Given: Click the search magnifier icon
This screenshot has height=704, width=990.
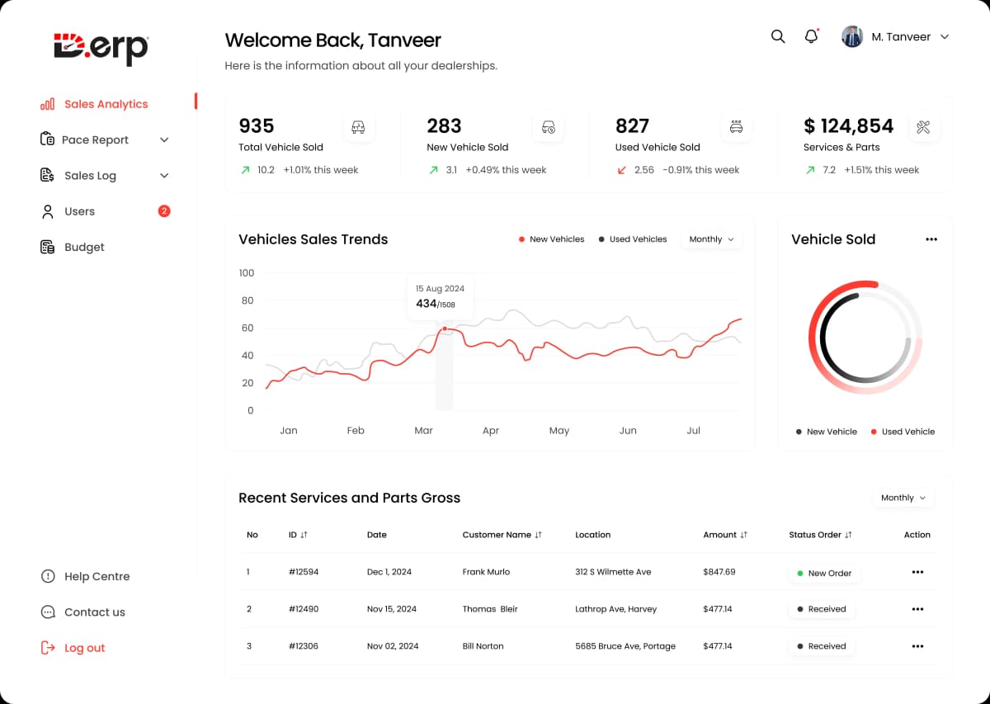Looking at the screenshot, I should [778, 36].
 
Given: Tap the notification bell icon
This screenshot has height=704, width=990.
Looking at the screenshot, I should [811, 36].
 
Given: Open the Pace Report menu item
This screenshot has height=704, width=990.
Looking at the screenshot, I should [95, 139].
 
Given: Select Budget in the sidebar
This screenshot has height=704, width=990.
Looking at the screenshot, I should [83, 247].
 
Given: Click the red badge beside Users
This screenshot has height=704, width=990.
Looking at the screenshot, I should [164, 211].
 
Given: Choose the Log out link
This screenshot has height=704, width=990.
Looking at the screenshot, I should [84, 648].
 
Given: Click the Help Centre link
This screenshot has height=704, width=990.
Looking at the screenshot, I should [97, 576].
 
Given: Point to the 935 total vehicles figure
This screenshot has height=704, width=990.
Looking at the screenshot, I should [257, 126].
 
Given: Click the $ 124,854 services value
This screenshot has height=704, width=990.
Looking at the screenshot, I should [848, 126].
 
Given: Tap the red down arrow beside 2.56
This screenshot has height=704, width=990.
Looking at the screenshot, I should [622, 170].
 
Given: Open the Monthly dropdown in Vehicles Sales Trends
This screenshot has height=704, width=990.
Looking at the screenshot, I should [711, 239].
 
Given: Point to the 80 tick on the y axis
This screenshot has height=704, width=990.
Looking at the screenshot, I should [247, 300].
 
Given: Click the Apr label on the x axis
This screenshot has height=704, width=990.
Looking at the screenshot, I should [491, 431].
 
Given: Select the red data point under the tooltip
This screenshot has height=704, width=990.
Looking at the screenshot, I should [445, 328].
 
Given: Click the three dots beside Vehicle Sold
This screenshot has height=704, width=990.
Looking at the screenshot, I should [931, 239].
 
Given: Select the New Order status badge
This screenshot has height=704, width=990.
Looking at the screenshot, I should [824, 573].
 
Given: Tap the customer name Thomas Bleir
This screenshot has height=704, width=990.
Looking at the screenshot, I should [490, 609].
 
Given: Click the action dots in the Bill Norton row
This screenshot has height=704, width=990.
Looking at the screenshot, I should [917, 646].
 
